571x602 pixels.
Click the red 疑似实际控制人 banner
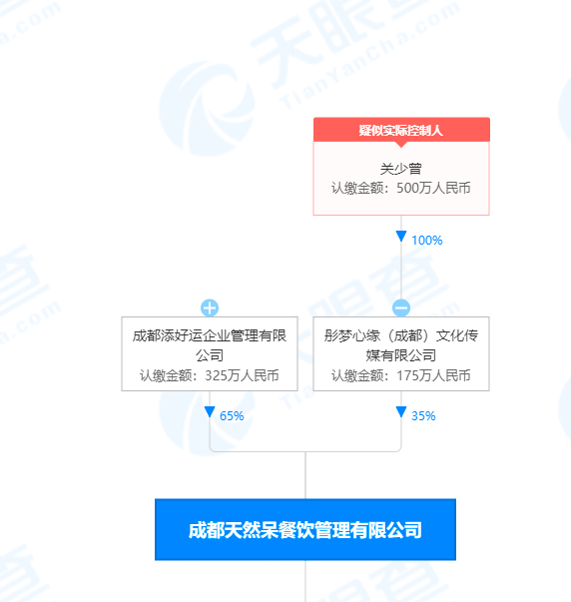pos(401,130)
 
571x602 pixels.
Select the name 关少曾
pos(401,169)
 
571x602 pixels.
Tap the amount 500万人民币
pos(433,188)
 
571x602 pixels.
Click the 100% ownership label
pos(427,241)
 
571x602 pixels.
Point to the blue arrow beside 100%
pos(401,237)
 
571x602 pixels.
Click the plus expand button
pos(210,307)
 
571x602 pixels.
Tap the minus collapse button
pos(401,307)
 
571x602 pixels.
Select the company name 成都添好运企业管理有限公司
pos(210,345)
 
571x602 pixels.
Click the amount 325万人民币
pos(242,375)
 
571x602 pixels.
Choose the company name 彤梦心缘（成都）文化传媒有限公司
pos(401,345)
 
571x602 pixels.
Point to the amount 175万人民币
pos(433,375)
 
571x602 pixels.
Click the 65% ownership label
pos(232,415)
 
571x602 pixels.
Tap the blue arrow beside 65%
pos(210,411)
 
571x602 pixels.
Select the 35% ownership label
pos(423,415)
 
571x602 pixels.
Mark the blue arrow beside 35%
pos(401,411)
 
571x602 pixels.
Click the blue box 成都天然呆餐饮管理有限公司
pos(305,530)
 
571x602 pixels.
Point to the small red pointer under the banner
pos(401,145)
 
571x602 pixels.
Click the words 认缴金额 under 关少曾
pos(351,188)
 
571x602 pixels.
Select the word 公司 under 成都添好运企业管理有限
pos(210,355)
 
